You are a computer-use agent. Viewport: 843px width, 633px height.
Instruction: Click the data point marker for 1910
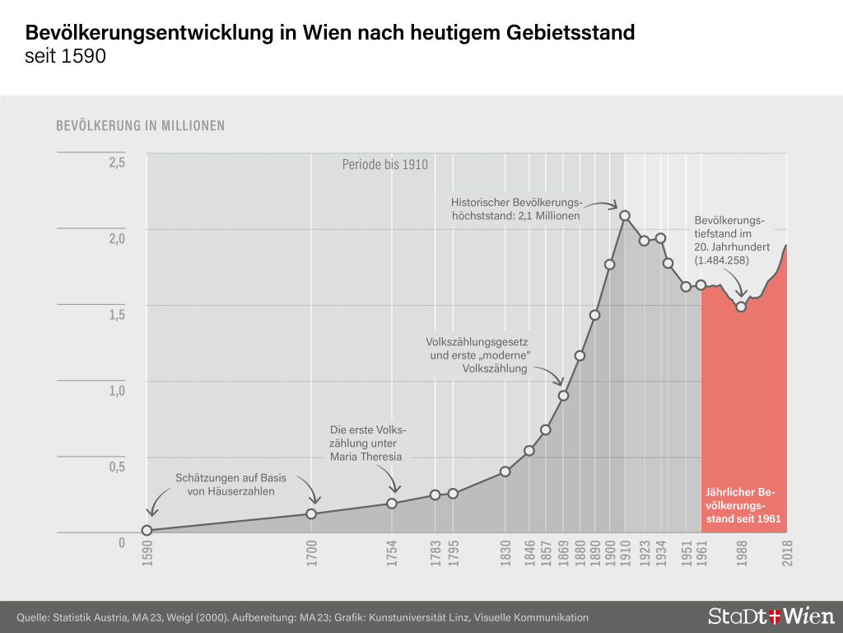[x=625, y=216]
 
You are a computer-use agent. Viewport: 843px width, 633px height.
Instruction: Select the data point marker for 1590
[x=147, y=531]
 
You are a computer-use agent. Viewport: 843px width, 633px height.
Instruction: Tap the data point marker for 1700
[x=311, y=513]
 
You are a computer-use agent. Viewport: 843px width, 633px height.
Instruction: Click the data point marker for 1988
[x=741, y=307]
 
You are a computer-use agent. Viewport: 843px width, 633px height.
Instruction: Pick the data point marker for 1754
[x=392, y=503]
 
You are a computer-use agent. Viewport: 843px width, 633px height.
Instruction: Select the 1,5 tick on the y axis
[x=117, y=315]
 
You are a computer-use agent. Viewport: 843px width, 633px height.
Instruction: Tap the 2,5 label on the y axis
[x=117, y=162]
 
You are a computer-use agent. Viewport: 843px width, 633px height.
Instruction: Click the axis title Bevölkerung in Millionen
[x=140, y=126]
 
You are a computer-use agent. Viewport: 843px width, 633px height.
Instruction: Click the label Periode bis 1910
[x=385, y=165]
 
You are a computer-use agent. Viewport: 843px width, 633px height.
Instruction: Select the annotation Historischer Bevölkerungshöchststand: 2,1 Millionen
[x=516, y=209]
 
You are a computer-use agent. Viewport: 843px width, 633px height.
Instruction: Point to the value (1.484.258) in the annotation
[x=721, y=260]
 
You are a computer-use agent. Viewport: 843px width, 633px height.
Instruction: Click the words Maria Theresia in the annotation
[x=366, y=457]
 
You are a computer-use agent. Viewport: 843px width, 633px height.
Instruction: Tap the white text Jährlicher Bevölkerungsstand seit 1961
[x=742, y=506]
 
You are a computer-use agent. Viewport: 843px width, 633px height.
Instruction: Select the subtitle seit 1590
[x=66, y=59]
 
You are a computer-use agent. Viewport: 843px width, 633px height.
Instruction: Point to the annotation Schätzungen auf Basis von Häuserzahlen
[x=225, y=484]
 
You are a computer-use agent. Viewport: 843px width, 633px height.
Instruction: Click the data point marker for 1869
[x=563, y=396]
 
